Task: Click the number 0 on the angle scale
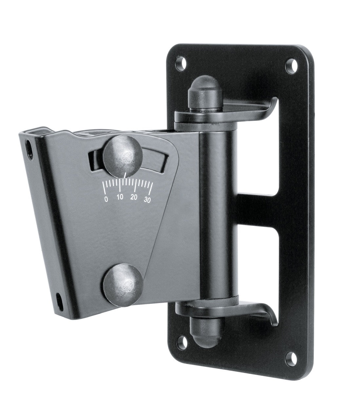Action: pyautogui.click(x=106, y=199)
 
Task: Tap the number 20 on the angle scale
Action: pyautogui.click(x=134, y=197)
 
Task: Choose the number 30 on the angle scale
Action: pyautogui.click(x=147, y=200)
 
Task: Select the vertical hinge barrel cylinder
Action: pyautogui.click(x=218, y=209)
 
